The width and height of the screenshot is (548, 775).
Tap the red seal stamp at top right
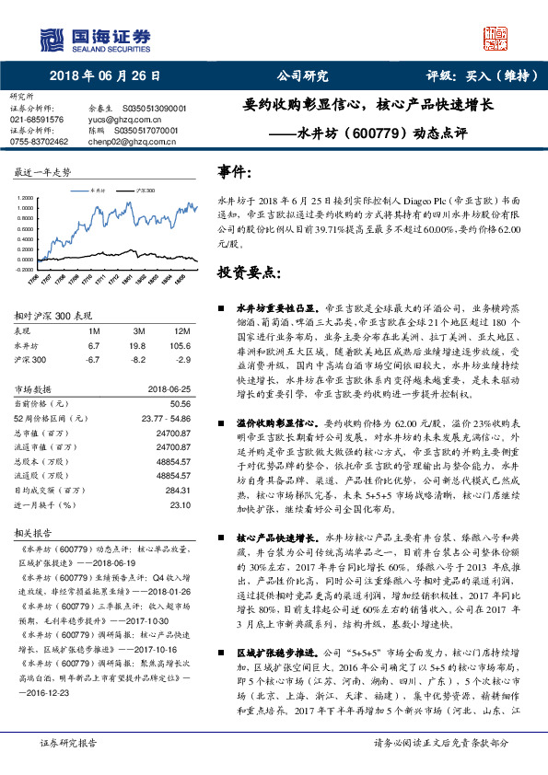click(497, 36)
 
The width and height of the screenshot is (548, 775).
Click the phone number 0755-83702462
click(40, 142)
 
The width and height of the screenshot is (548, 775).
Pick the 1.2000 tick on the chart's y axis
click(26, 198)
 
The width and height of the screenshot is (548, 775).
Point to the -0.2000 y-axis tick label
click(25, 270)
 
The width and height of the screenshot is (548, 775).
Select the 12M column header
click(181, 330)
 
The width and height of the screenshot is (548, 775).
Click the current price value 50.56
click(181, 403)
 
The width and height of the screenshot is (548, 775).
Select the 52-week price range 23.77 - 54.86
click(167, 417)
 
